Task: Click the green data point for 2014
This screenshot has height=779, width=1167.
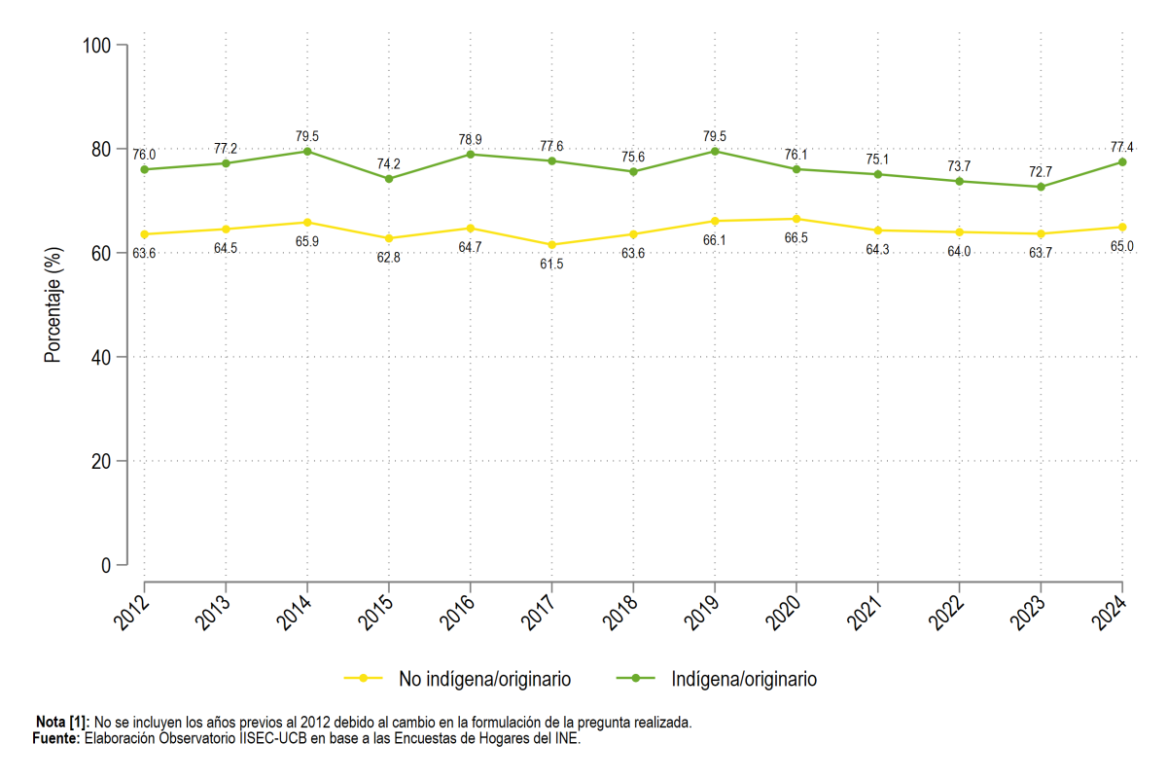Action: pos(307,152)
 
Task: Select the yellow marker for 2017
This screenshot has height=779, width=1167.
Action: pos(551,245)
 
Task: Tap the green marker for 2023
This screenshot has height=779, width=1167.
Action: pos(1041,187)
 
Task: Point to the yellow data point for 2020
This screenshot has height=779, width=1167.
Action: pos(796,219)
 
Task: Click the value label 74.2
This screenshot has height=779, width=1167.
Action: pos(389,164)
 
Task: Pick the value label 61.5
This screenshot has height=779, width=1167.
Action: pos(551,265)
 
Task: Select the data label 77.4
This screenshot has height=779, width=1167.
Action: pos(1121,148)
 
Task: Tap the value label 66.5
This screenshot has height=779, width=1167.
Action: pos(796,238)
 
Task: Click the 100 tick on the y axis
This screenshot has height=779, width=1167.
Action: pos(97,46)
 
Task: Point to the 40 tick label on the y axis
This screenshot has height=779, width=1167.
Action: pos(101,358)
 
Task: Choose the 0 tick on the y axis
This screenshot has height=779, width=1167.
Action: pos(106,565)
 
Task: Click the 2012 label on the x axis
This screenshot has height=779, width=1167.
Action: pos(131,613)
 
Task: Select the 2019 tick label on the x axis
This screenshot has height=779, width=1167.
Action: pos(701,613)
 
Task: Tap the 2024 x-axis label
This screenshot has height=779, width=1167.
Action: pos(1110,613)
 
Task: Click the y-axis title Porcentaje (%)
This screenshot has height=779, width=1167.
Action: pos(53,304)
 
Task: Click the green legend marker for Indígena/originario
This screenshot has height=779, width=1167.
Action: pos(636,678)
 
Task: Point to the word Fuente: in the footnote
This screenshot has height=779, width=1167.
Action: pos(56,738)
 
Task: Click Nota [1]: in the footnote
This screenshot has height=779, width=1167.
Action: pos(62,723)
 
